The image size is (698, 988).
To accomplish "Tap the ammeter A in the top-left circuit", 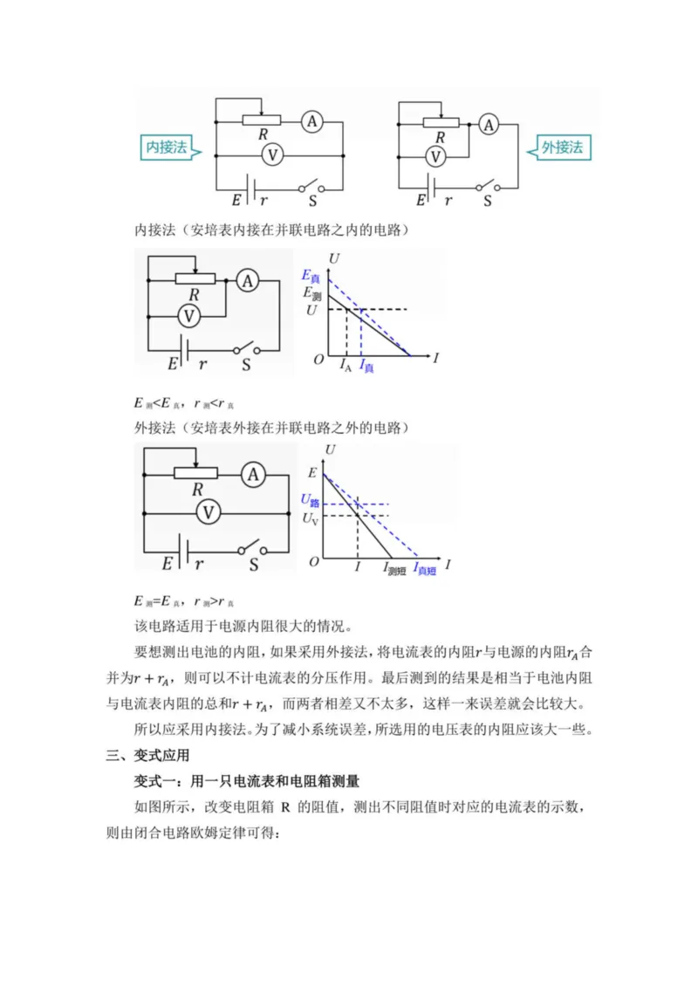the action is point(311,123).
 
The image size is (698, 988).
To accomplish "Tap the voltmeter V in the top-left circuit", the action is point(273,154).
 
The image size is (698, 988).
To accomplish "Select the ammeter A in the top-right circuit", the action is point(489,125).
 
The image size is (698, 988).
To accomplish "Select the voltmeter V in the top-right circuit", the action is point(434,156).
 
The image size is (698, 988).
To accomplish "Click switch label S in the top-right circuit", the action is point(488,200).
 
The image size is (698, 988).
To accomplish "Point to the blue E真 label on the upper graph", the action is point(311,275).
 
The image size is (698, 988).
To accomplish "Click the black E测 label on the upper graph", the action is point(311,294).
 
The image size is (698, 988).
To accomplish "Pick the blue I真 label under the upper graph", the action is point(367,368).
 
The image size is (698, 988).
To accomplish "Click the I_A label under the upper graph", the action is point(346,367).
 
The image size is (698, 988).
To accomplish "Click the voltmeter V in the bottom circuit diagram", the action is point(208,513).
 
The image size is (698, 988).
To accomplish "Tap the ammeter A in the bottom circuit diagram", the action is point(253,474).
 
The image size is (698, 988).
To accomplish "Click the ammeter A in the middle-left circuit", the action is point(249,280).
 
